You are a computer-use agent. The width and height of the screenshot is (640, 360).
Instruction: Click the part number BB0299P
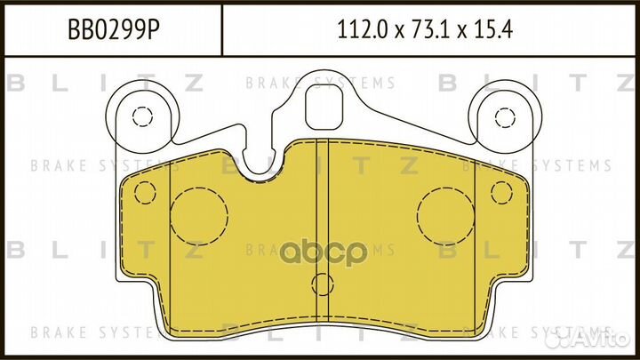pyautogui.click(x=114, y=29)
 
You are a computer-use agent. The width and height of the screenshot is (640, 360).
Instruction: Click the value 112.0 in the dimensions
pyautogui.click(x=362, y=29)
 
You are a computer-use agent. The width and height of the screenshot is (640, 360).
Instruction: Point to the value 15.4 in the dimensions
pyautogui.click(x=492, y=29)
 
